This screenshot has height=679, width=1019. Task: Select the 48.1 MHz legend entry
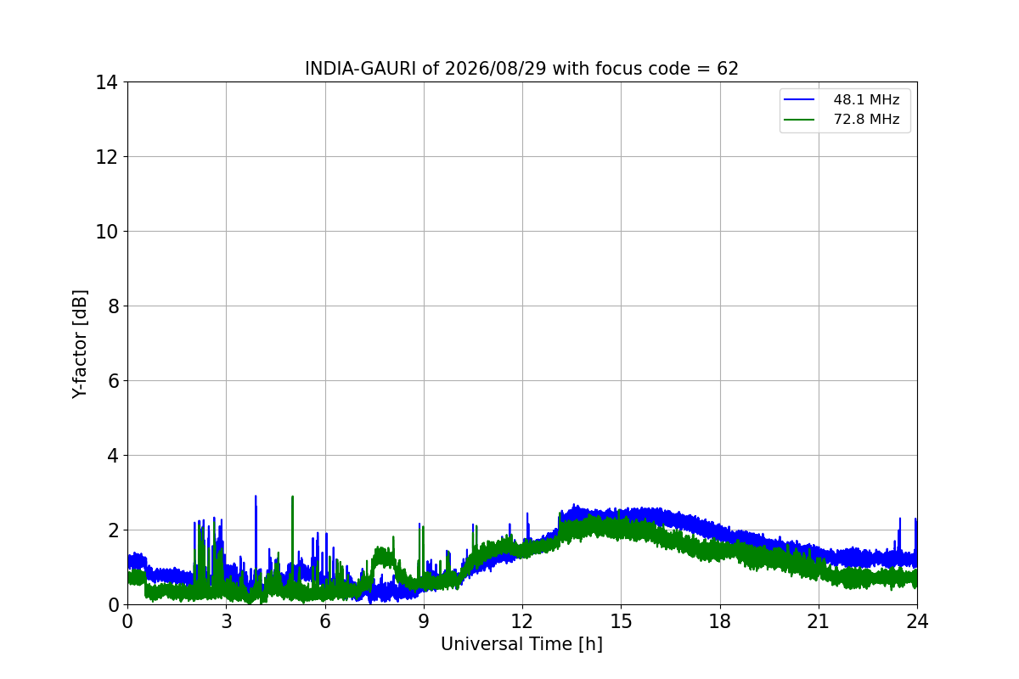click(842, 99)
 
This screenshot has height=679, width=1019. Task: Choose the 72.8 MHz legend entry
click(842, 119)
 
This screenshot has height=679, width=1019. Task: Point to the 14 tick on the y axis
click(106, 82)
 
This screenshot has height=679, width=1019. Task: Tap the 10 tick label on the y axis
click(106, 232)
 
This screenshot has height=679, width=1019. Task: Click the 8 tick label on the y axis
click(113, 306)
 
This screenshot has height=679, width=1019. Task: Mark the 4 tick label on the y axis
click(113, 456)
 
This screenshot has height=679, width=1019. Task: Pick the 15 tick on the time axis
click(621, 621)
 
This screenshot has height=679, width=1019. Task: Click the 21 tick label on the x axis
click(819, 621)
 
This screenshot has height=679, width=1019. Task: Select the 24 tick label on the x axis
click(917, 621)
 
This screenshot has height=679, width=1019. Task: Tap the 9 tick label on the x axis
click(424, 621)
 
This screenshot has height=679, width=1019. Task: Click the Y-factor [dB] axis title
click(79, 344)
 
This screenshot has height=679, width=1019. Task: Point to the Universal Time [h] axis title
click(521, 644)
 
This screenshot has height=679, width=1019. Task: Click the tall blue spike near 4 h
click(256, 536)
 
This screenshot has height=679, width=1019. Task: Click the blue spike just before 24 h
click(899, 536)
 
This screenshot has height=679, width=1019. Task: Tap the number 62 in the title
click(728, 69)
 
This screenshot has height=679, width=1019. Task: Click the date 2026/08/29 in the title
click(495, 69)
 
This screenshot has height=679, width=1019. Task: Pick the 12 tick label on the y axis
click(106, 157)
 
